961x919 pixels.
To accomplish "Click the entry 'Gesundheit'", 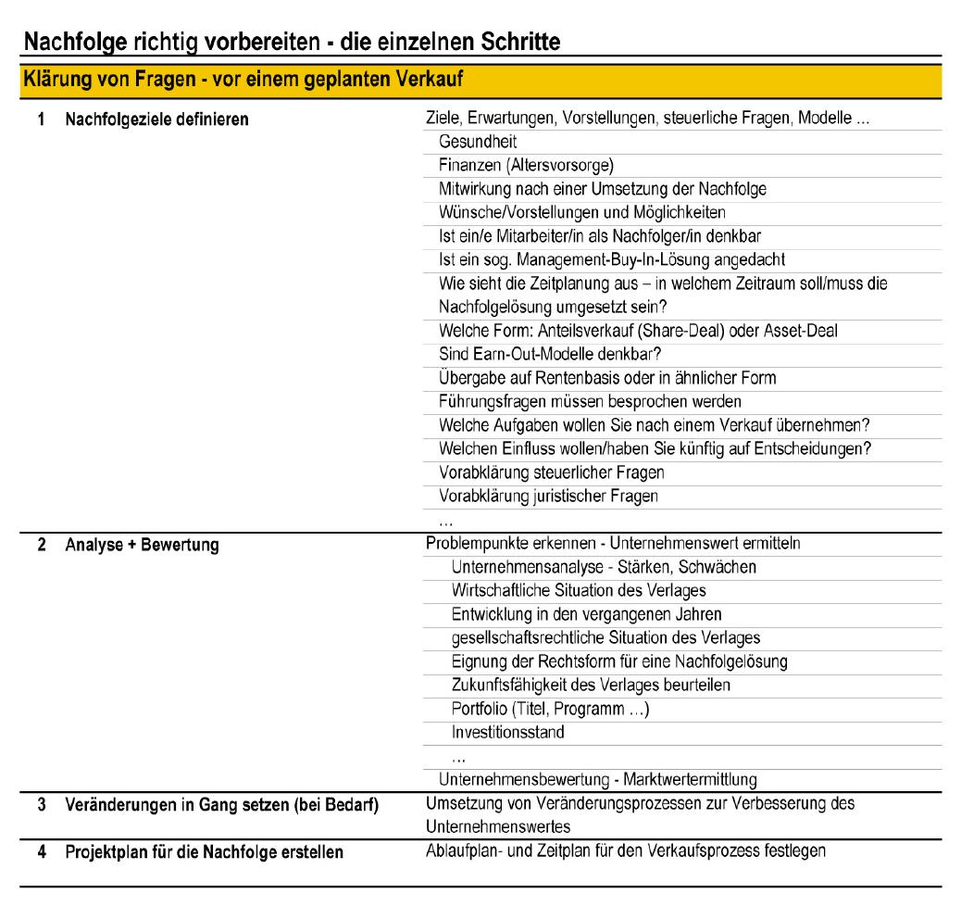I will pyautogui.click(x=478, y=142).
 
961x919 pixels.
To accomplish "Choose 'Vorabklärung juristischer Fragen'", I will pyautogui.click(x=548, y=496).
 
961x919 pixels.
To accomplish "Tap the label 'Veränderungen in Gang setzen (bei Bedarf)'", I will pyautogui.click(x=221, y=803).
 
